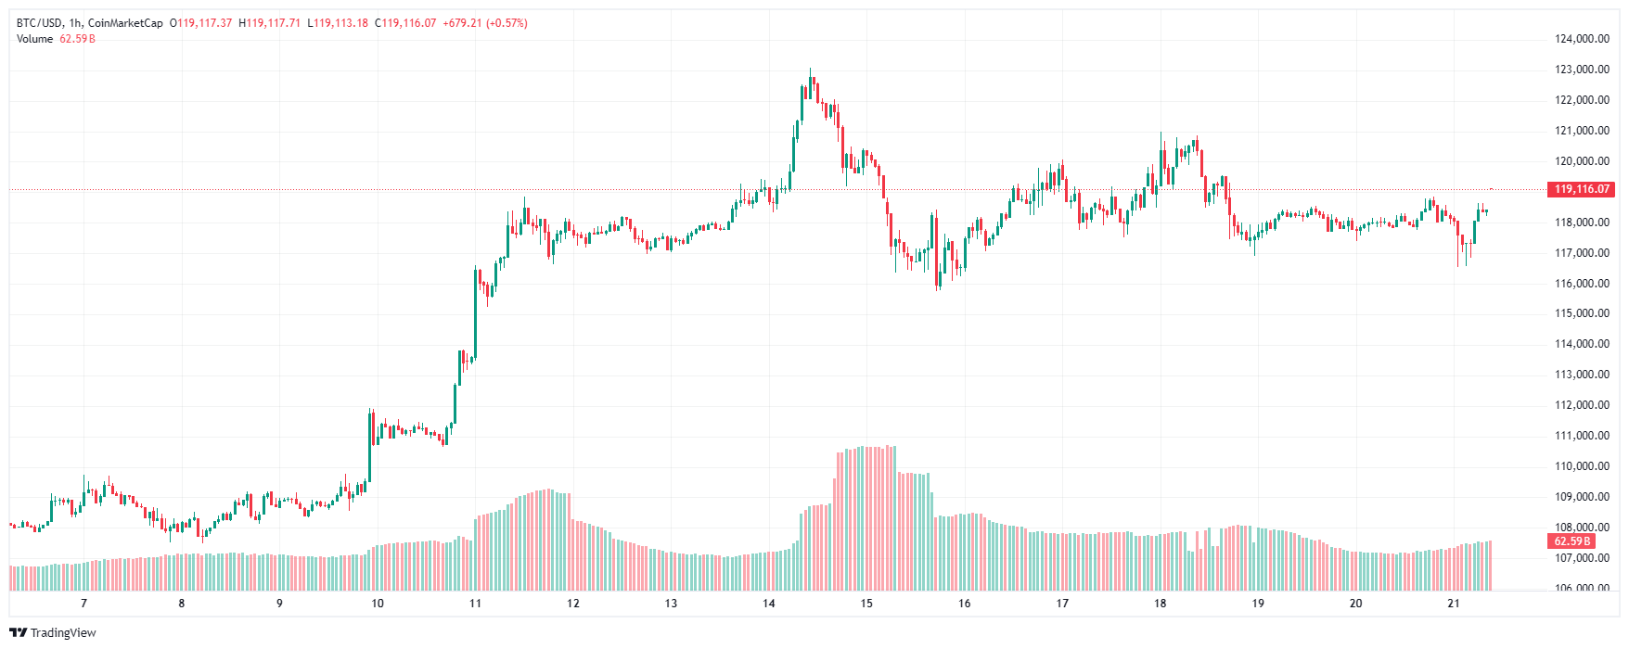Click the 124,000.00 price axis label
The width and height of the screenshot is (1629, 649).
(x=1582, y=39)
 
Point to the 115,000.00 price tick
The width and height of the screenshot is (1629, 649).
(x=1582, y=313)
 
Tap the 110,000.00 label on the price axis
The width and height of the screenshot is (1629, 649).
(x=1582, y=466)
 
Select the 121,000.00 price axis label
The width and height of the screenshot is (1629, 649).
(x=1582, y=131)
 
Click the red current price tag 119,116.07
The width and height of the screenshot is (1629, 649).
(x=1582, y=189)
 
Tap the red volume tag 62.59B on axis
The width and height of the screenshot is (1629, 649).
(x=1572, y=541)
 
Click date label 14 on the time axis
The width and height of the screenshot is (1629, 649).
(x=769, y=604)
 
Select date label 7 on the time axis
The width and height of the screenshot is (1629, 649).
(x=84, y=604)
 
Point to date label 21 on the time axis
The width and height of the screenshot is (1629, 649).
(x=1454, y=604)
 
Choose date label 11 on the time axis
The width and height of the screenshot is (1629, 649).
(x=476, y=604)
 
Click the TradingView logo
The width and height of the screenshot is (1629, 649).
(x=53, y=632)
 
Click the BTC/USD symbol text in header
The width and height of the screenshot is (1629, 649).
(x=39, y=23)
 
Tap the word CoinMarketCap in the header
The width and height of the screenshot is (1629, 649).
(x=125, y=23)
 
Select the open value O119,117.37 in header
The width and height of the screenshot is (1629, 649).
(x=200, y=23)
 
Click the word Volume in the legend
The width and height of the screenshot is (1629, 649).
(x=35, y=39)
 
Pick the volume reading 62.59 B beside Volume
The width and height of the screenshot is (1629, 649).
(x=78, y=39)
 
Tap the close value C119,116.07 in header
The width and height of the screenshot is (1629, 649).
(x=405, y=23)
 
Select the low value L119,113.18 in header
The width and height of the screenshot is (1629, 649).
(x=338, y=23)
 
